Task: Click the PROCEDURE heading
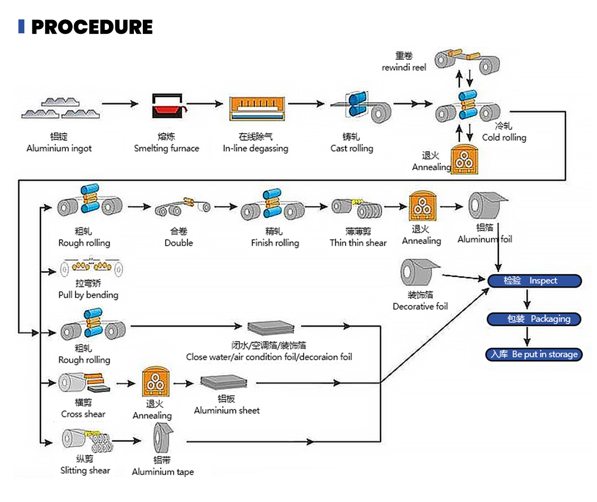coord(92,27)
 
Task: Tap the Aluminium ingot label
coord(59,148)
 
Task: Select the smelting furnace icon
coord(167,106)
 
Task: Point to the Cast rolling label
coord(351,148)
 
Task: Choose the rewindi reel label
coord(403,68)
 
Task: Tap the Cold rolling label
coord(504,137)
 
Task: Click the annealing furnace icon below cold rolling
coord(464,160)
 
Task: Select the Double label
coord(179,243)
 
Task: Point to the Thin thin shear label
coord(358,243)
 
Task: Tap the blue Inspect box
coord(534,281)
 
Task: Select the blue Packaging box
coord(534,319)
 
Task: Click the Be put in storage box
coord(534,354)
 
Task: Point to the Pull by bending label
coord(88,295)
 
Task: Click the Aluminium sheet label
coord(226,410)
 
